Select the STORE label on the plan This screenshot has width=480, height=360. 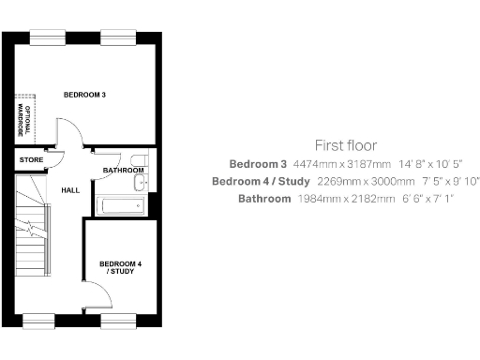(x=31, y=160)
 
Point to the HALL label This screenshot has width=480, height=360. (x=69, y=190)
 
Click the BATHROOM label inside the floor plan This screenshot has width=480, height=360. (x=122, y=170)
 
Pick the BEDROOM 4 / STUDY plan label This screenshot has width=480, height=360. (x=120, y=267)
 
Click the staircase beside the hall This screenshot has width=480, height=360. (x=34, y=234)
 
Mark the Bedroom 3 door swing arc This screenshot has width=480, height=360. (x=70, y=133)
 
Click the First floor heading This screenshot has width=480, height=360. (x=346, y=145)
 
